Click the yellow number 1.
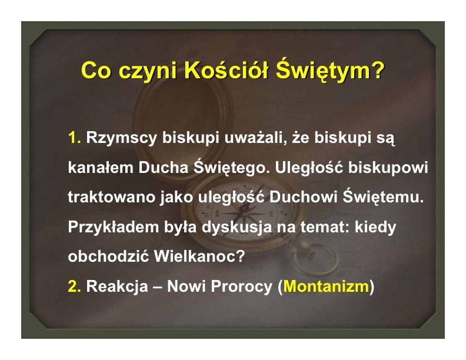click(74, 138)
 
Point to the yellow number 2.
click(74, 286)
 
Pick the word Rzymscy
click(121, 138)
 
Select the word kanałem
click(101, 167)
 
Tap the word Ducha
click(163, 167)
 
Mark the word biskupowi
click(388, 168)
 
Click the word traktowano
click(111, 197)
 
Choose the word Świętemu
click(383, 196)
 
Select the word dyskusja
click(237, 228)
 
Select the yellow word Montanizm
click(326, 286)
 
